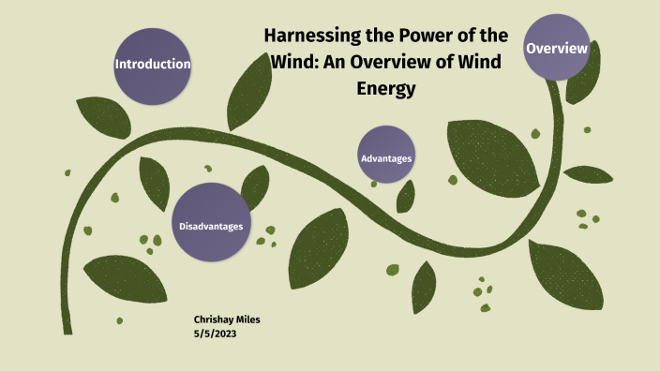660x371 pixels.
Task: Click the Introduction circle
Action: click(152, 64)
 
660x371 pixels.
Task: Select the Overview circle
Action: click(557, 48)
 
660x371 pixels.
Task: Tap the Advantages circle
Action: click(386, 158)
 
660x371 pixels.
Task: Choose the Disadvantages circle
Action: click(211, 226)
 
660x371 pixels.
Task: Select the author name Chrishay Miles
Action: click(226, 319)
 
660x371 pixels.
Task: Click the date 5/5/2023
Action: click(212, 333)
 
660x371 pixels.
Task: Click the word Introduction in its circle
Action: click(152, 64)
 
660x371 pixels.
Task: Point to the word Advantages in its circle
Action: click(386, 158)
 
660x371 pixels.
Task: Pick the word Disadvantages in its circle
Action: click(211, 226)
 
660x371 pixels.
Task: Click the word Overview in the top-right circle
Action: click(557, 48)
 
